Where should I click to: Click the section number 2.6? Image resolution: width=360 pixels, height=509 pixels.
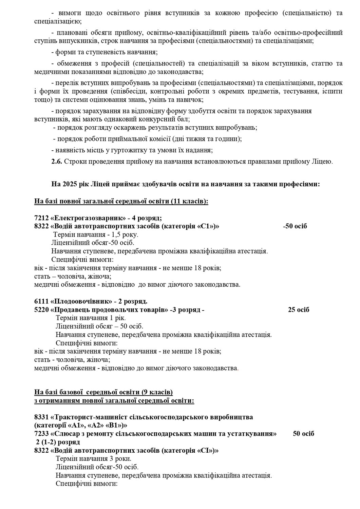click(x=56, y=162)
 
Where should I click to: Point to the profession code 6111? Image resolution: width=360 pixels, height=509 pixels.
click(x=41, y=301)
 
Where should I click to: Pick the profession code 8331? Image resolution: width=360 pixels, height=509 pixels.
click(x=41, y=417)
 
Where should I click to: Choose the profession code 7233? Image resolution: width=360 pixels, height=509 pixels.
click(x=41, y=434)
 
